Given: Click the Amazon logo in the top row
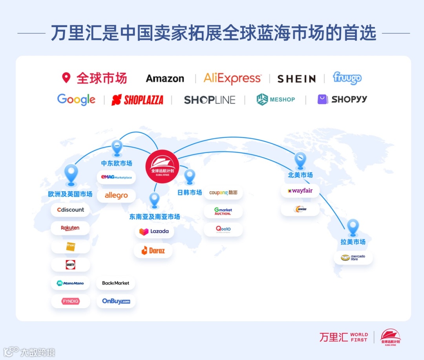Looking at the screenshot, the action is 165,79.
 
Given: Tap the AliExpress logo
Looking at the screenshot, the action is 232,79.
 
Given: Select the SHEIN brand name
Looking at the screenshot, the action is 296,79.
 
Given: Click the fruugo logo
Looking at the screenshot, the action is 347,78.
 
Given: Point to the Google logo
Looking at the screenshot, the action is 76,99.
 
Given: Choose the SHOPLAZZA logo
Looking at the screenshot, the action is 137,100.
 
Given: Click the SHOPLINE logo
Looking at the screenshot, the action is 210,100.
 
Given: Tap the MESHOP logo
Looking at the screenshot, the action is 276,99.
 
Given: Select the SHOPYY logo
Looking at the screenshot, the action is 342,99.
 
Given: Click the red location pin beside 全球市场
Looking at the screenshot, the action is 66,77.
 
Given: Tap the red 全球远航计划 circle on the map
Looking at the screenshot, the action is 162,166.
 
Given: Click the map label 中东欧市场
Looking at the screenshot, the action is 117,163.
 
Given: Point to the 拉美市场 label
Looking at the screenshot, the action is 353,242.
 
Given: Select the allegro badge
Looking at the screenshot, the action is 116,196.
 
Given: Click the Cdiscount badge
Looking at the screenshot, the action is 70,210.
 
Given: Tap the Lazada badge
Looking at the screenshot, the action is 154,231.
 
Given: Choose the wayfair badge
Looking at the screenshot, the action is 300,191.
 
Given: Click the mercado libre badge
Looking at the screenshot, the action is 353,258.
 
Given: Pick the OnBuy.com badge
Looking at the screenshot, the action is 116,301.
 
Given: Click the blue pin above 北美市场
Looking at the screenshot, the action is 300,159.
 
